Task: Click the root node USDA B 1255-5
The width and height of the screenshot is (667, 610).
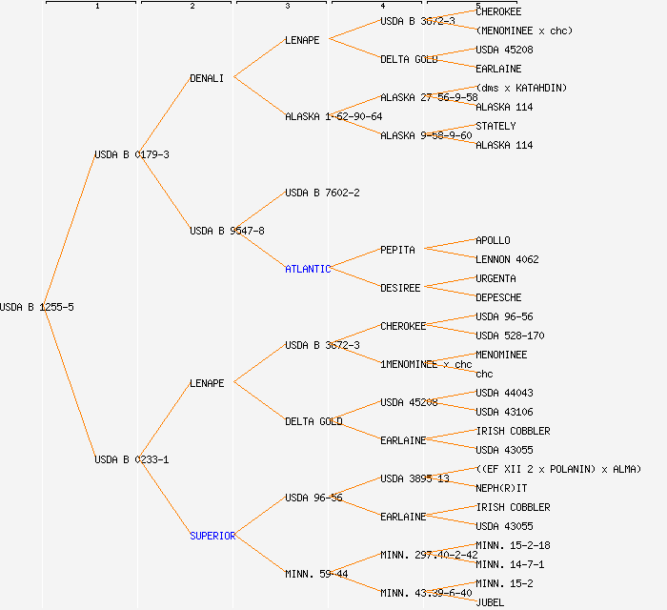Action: pyautogui.click(x=37, y=307)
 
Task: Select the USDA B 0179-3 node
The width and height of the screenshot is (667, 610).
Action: pyautogui.click(x=131, y=154)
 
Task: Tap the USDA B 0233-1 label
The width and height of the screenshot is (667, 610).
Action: pyautogui.click(x=131, y=459)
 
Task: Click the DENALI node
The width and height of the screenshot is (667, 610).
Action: pyautogui.click(x=207, y=78)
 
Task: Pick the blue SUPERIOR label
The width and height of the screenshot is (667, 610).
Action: pyautogui.click(x=212, y=536)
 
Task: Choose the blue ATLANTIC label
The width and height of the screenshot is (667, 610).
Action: pyautogui.click(x=308, y=269)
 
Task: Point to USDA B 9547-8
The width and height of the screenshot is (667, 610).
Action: pyautogui.click(x=227, y=231)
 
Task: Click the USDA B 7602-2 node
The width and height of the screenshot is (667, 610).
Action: pyautogui.click(x=322, y=193)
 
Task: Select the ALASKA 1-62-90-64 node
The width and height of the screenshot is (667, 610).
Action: pyautogui.click(x=333, y=116)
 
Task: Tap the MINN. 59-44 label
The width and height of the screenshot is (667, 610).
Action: pyautogui.click(x=316, y=574)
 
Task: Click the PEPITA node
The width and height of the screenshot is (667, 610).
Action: pyautogui.click(x=397, y=250)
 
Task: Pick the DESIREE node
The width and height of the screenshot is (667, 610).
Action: pyautogui.click(x=400, y=288)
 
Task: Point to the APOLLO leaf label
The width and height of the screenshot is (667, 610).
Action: pyautogui.click(x=493, y=240)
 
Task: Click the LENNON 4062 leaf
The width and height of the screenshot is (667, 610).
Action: pyautogui.click(x=507, y=259)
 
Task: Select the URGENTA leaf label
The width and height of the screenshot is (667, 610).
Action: pyautogui.click(x=495, y=278)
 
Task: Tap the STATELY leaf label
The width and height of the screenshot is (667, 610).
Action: pyautogui.click(x=495, y=126)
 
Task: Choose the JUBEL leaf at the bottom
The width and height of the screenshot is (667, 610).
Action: pyautogui.click(x=490, y=602)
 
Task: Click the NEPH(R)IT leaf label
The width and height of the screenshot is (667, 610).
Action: pyautogui.click(x=501, y=488)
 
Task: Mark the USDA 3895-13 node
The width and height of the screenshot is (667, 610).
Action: pyautogui.click(x=414, y=478)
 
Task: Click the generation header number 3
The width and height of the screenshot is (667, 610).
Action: pyautogui.click(x=287, y=7)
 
